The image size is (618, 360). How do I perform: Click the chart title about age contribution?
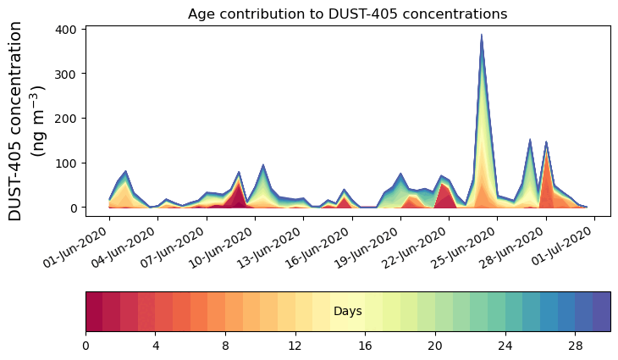[x=347, y=14]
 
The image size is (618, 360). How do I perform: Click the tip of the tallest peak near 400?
[x=482, y=36]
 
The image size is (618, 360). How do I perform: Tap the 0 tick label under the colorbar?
[x=86, y=346]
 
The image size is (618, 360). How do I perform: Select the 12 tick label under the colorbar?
[x=295, y=346]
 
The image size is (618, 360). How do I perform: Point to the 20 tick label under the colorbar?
[x=435, y=346]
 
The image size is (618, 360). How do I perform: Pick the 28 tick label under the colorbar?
[x=575, y=346]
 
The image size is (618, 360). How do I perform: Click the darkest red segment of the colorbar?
[x=94, y=312]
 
